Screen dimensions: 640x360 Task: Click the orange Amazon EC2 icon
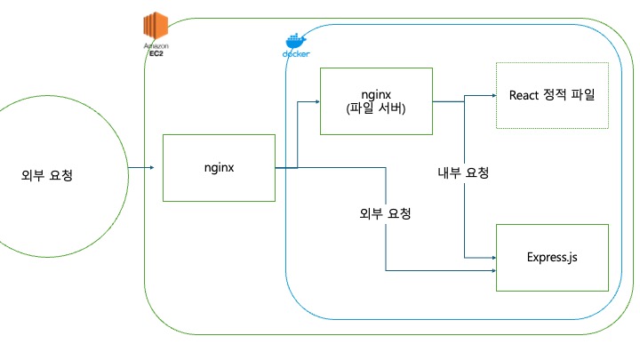coord(156,25)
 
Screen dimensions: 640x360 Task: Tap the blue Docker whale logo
coord(296,41)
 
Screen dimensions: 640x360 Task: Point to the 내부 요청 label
coord(463,172)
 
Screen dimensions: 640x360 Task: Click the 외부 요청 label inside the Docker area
coord(385,213)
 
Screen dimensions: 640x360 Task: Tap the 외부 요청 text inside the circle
coord(47,175)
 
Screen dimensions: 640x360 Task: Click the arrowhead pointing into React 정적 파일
coord(494,95)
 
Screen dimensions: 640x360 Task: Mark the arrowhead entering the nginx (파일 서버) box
coord(317,101)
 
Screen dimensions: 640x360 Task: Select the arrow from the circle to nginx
coord(140,167)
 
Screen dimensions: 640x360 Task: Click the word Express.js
coord(552,258)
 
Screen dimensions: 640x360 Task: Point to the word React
coord(524,95)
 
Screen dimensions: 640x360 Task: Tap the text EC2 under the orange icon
coord(156,53)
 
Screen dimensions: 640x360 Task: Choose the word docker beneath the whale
coord(296,54)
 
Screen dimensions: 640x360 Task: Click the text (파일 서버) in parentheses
coord(376,108)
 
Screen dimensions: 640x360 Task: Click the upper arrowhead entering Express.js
coord(494,258)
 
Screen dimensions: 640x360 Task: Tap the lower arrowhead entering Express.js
coord(494,270)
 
